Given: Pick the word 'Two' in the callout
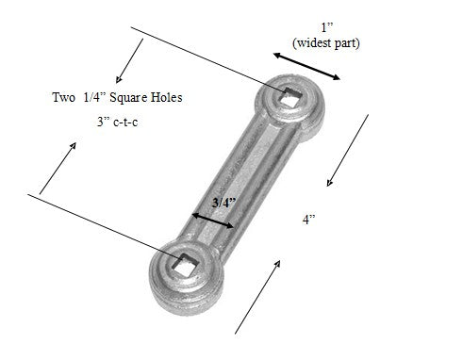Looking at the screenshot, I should click(65, 97).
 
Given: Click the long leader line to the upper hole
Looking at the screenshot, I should click(207, 61).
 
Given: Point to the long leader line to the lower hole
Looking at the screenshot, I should click(104, 225).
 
